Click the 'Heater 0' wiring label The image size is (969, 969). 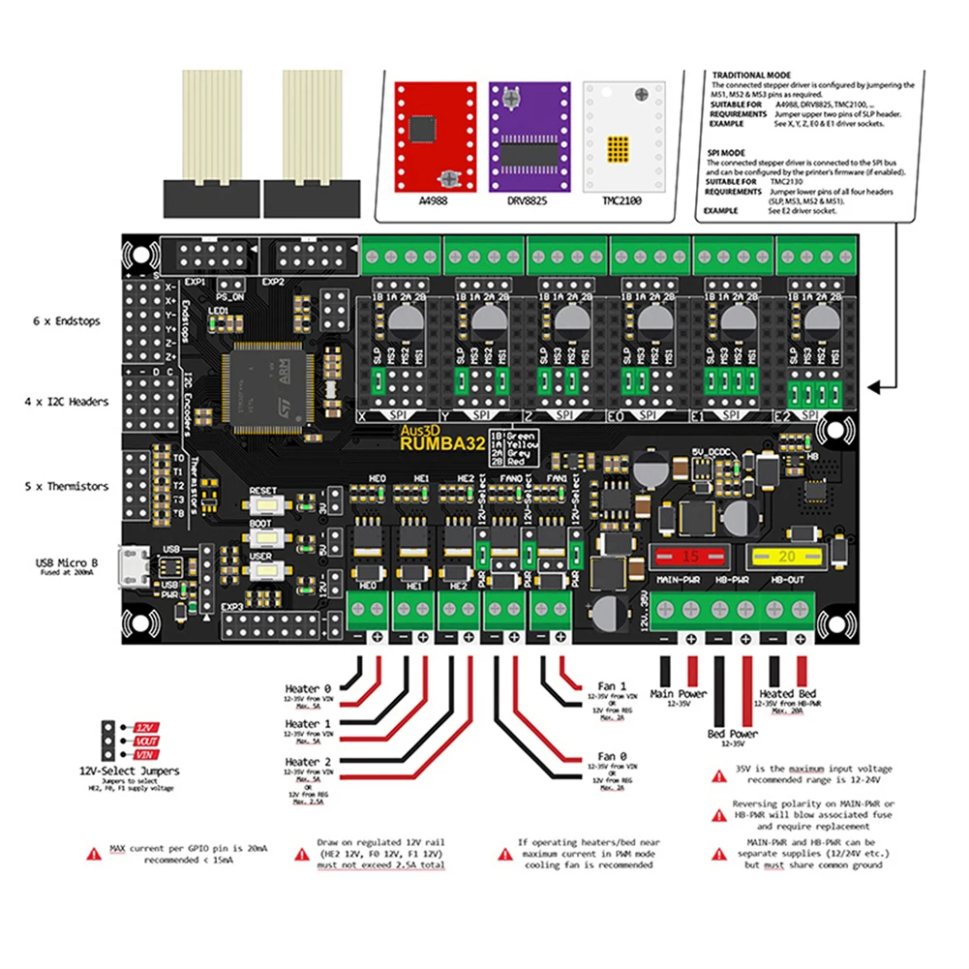pyautogui.click(x=308, y=690)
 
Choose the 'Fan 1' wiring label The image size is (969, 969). pyautogui.click(x=613, y=685)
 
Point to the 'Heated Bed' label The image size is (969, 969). pyautogui.click(x=787, y=693)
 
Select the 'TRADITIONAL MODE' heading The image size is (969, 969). pyautogui.click(x=751, y=76)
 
